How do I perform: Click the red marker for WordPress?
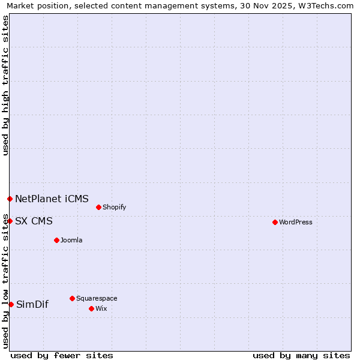(275, 222)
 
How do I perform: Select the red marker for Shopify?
(98, 207)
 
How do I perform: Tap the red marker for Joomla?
(56, 240)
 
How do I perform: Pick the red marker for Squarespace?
(72, 298)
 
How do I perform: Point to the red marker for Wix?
(91, 308)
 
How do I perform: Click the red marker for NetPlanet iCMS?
(10, 199)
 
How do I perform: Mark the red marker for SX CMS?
(10, 221)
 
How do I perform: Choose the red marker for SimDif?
(11, 304)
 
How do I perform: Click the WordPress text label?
(296, 222)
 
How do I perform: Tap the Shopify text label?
(114, 207)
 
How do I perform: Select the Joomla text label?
(71, 240)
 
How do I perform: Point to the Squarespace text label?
(97, 298)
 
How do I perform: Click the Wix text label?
(101, 308)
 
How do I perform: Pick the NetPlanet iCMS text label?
(52, 199)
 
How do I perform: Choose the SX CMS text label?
(34, 221)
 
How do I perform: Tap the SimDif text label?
(32, 304)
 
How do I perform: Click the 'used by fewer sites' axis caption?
(62, 355)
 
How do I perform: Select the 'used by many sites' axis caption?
(301, 355)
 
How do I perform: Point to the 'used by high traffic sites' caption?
(5, 85)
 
